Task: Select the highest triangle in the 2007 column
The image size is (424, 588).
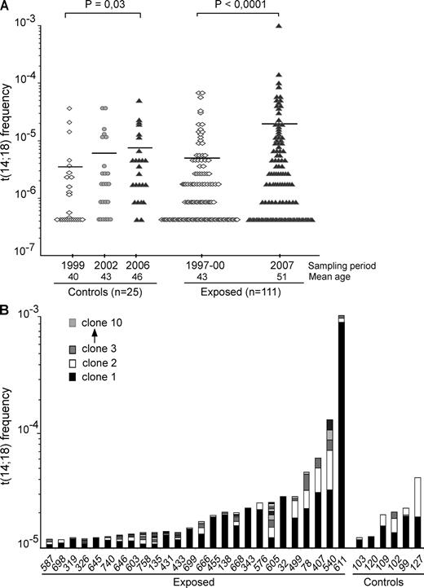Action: click(x=279, y=26)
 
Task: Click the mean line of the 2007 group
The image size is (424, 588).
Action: click(x=279, y=124)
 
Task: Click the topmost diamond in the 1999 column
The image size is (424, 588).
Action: click(x=70, y=108)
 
